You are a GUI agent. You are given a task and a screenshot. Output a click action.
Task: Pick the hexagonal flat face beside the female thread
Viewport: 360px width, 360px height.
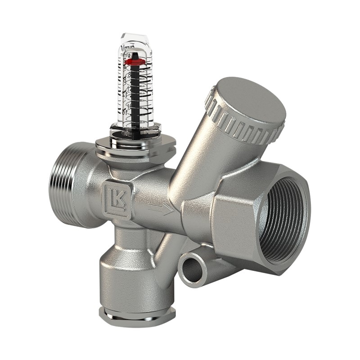234,216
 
